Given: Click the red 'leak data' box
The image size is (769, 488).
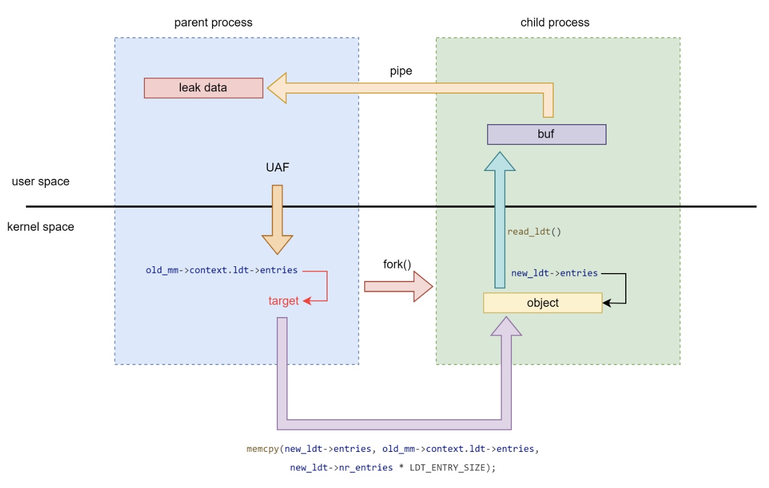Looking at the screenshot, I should pos(204,88).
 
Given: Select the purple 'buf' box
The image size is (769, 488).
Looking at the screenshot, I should pos(546,135).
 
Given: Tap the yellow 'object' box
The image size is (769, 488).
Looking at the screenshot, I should pos(542,303).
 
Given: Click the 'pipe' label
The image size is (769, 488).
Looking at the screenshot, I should pos(401,72).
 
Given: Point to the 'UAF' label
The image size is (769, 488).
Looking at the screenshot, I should pos(277,168).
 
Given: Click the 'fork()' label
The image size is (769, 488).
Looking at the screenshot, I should pos(397,264).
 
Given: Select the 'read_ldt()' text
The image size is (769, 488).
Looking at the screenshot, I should pos(534,232).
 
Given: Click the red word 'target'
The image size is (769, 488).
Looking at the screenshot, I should pos(283,301).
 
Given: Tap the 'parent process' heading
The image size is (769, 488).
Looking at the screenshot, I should pos(213,23).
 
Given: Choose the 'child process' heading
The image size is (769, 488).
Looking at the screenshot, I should pos(555,23).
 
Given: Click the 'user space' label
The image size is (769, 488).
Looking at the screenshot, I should pos(41,182).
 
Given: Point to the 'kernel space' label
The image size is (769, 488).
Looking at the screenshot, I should pos(41,227).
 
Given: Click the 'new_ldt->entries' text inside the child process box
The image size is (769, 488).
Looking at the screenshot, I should pos(554,273).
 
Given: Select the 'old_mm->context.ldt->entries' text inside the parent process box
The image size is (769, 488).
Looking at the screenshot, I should pos(222,270).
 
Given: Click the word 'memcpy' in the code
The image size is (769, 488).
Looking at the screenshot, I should pos(263,449).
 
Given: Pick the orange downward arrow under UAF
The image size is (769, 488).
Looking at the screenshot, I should pos(277,220).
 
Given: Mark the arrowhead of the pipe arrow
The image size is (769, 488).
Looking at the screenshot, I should pos(277,88).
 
